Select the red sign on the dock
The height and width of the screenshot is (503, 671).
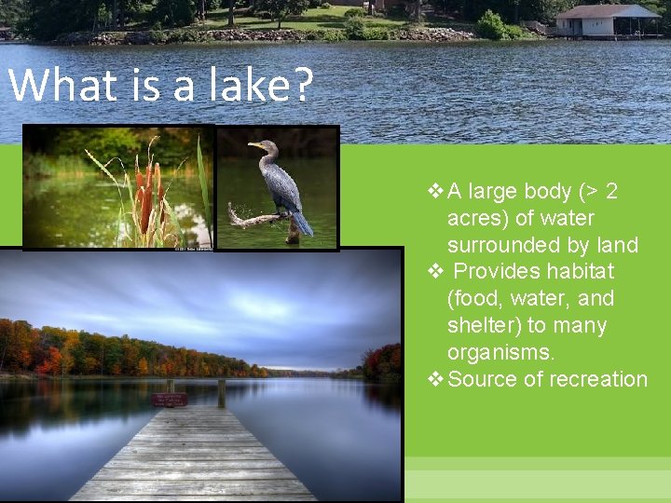170,400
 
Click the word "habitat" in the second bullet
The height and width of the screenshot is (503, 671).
580,271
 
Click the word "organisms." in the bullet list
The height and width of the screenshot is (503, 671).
500,352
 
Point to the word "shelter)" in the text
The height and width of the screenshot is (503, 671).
484,325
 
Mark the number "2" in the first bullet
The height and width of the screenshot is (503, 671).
611,191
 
